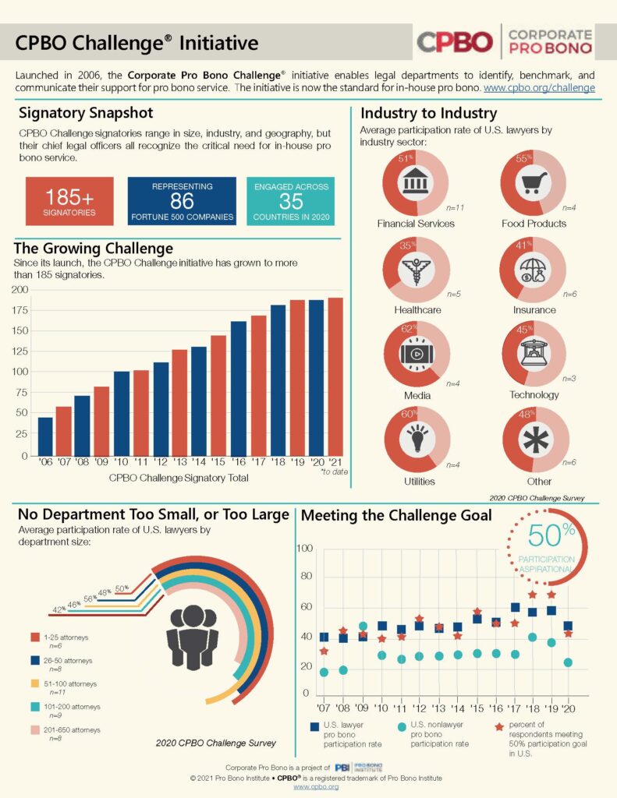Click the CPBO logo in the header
(455, 41)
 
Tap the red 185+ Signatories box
(69, 201)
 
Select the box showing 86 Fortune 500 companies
(182, 201)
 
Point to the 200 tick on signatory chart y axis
(21, 290)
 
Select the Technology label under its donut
(534, 395)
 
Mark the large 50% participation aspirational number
(552, 535)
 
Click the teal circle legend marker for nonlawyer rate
(402, 727)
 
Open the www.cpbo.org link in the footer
(316, 787)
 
